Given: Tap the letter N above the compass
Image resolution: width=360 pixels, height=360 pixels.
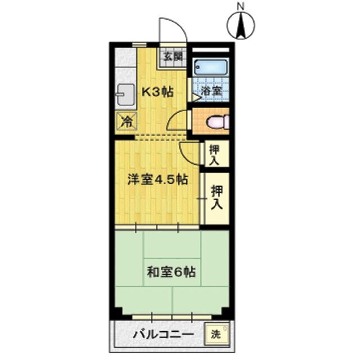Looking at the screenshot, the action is tap(241, 7).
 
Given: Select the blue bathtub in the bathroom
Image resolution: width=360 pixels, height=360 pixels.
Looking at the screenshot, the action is tap(210, 67).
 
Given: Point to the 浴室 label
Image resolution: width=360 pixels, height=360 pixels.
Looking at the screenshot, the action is tap(211, 91).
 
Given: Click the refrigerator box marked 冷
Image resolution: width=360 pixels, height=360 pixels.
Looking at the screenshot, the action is tap(127, 122).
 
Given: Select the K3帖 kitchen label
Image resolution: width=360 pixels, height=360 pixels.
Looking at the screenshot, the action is tap(157, 92).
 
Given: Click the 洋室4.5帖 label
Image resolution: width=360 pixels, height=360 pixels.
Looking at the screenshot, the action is tap(158, 179).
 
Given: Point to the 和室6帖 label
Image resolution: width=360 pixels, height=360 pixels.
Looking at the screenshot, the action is tap(171, 272).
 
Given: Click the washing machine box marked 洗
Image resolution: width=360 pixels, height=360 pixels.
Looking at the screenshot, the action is tap(216, 334).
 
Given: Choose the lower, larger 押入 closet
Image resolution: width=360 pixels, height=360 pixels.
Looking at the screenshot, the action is tap(217, 198).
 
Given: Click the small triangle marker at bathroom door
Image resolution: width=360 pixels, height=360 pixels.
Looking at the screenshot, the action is tap(196, 97).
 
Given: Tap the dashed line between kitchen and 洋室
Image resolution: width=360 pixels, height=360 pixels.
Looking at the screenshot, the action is tap(160, 137).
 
